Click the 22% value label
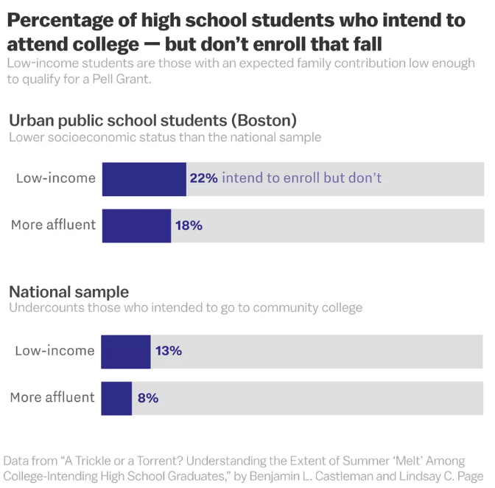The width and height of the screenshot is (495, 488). click(x=203, y=178)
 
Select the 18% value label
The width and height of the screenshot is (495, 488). click(x=189, y=226)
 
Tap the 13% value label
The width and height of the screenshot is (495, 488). click(x=168, y=351)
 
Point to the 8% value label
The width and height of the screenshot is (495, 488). click(x=147, y=398)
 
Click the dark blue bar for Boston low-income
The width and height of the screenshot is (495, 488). click(x=144, y=179)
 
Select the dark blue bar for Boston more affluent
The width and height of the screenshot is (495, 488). click(x=136, y=226)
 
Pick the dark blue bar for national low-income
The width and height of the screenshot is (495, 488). click(x=126, y=352)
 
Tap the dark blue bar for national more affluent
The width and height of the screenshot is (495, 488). click(x=116, y=398)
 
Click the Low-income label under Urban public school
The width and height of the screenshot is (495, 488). click(x=56, y=178)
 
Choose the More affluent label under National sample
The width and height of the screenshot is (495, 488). click(x=52, y=398)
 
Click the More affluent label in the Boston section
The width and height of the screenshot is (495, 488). click(x=53, y=225)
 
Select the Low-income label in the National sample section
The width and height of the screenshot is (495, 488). click(x=55, y=351)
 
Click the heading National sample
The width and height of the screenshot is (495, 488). click(x=69, y=292)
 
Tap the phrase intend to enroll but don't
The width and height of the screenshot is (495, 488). click(x=301, y=178)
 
